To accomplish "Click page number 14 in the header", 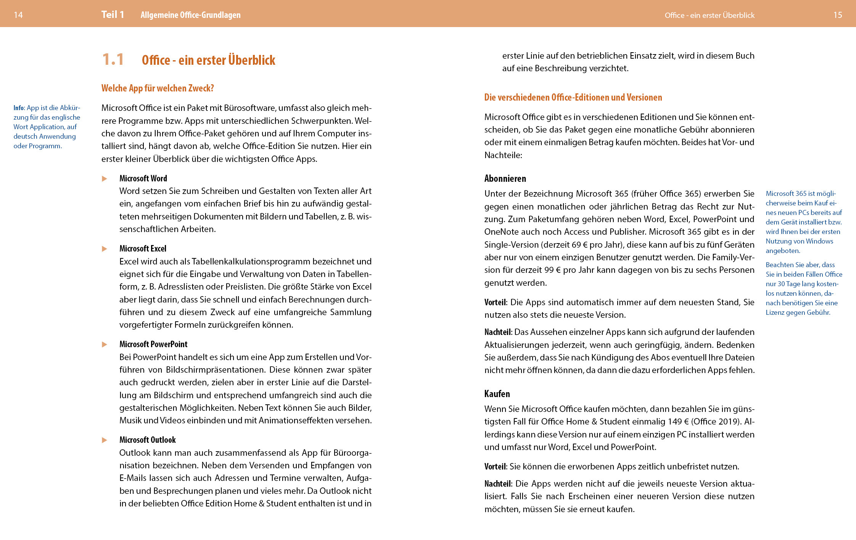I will [18, 15].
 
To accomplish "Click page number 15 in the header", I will [838, 15].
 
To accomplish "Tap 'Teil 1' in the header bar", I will [113, 14].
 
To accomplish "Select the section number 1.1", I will [113, 59].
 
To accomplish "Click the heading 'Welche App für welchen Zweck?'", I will [158, 88].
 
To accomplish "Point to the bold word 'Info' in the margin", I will [18, 108].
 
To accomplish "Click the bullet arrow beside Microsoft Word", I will [105, 179].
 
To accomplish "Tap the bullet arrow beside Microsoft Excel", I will [105, 249].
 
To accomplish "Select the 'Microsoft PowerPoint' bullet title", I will [153, 344].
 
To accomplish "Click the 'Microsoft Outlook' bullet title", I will [148, 440].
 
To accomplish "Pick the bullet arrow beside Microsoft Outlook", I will [105, 440].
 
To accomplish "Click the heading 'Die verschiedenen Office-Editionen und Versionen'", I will [573, 97].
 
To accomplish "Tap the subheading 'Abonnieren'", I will [505, 178].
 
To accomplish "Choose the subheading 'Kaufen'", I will [497, 394].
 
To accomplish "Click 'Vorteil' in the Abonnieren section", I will [495, 302].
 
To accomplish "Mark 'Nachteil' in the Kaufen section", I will [497, 484].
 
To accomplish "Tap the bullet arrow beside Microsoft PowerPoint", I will [105, 345].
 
